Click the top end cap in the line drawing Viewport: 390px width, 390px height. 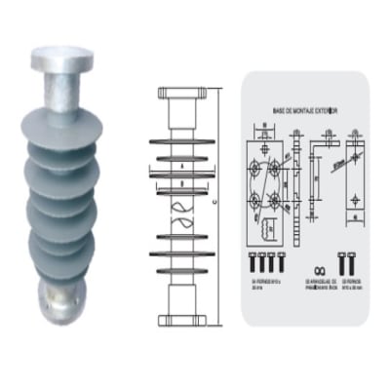[x=182, y=96]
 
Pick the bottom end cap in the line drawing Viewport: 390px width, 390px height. [x=183, y=317]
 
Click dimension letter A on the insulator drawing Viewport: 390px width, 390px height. [x=182, y=165]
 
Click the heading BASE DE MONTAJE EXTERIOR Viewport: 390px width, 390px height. [x=302, y=113]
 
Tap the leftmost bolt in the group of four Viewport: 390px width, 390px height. [x=253, y=260]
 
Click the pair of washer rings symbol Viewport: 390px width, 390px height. [x=312, y=266]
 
